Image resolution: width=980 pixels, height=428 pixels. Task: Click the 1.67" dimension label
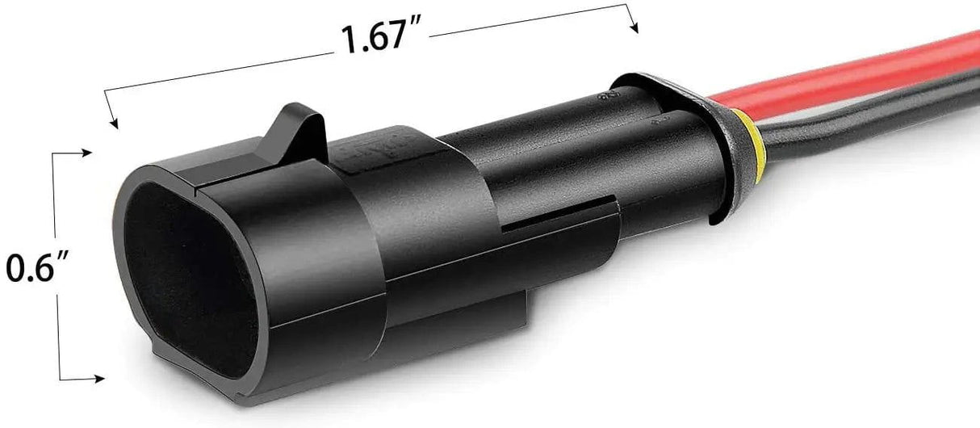pos(381,38)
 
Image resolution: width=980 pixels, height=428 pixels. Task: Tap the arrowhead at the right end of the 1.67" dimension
pos(634,27)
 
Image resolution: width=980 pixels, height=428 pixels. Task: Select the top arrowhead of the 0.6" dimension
pos(86,153)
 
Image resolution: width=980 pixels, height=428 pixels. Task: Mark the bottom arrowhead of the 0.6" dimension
pos(98,379)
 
